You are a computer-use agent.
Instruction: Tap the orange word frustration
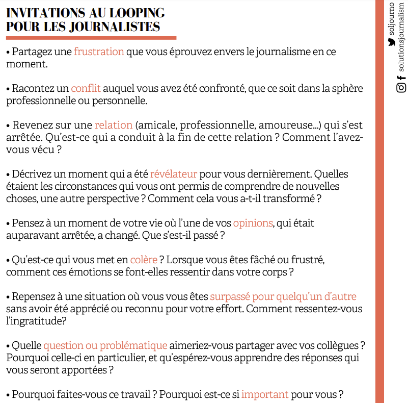99,52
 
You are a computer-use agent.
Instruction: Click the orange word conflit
86,88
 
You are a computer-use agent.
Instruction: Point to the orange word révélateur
174,174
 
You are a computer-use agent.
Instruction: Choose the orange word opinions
253,223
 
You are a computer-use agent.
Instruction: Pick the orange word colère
144,260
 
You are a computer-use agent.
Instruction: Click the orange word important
265,394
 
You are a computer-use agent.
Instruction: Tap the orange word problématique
133,345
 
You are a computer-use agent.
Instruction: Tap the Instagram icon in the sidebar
401,88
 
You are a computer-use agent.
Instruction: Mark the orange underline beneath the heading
91,38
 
